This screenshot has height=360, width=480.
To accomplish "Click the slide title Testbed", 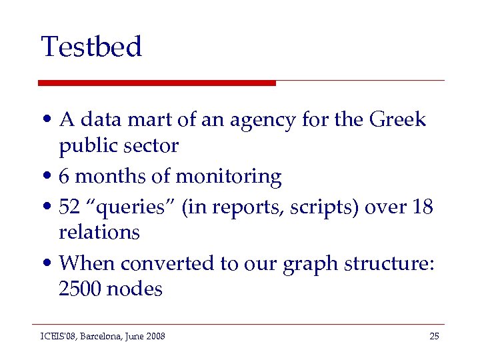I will pos(91,47).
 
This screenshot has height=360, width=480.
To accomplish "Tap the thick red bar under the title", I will pos(157,83).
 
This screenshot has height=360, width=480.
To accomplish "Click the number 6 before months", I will pos(64,177).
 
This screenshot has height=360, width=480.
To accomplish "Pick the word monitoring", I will pos(228,177).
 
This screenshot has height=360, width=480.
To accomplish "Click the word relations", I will pos(99,232).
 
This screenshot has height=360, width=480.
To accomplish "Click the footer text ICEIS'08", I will pos(57,336).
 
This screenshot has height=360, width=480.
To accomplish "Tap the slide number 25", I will pos(434,336).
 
